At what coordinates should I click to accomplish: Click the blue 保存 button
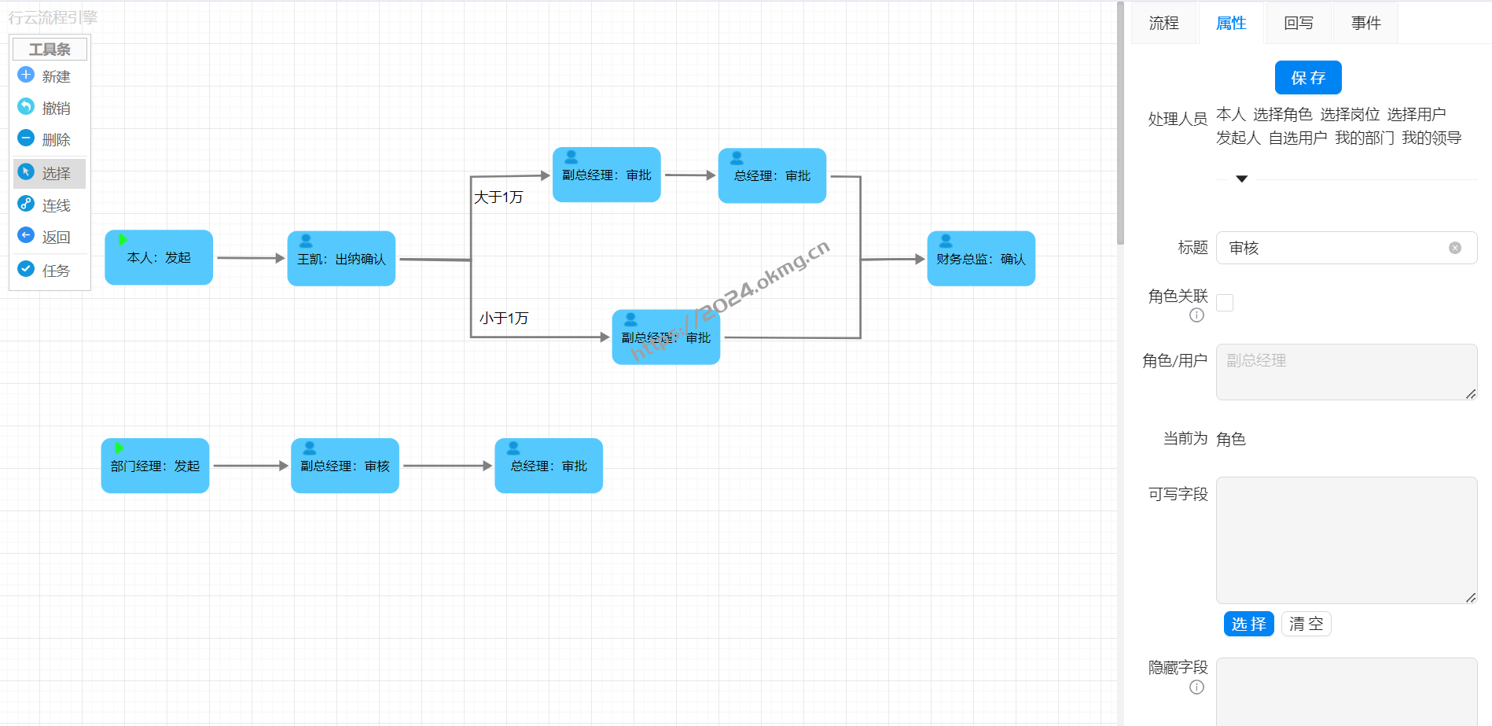pyautogui.click(x=1307, y=78)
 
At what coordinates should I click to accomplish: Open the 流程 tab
pyautogui.click(x=1163, y=24)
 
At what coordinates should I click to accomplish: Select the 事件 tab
pyautogui.click(x=1365, y=24)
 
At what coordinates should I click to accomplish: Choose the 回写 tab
pyautogui.click(x=1298, y=24)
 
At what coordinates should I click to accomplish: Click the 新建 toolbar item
pyautogui.click(x=49, y=76)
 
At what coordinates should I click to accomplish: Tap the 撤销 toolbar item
pyautogui.click(x=49, y=108)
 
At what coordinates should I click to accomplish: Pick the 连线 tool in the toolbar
pyautogui.click(x=49, y=205)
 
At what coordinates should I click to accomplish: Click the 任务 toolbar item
pyautogui.click(x=49, y=271)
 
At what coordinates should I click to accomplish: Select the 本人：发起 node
pyautogui.click(x=159, y=258)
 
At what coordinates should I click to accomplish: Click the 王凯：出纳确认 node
pyautogui.click(x=341, y=259)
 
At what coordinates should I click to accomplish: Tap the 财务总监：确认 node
pyautogui.click(x=980, y=259)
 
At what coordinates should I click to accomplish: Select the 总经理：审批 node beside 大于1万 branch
pyautogui.click(x=772, y=176)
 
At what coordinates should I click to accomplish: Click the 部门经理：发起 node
pyautogui.click(x=155, y=466)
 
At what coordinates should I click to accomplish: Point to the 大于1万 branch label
pyautogui.click(x=498, y=197)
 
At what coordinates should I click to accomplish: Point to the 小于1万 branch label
pyautogui.click(x=504, y=319)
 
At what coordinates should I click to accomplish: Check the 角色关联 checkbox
pyautogui.click(x=1225, y=303)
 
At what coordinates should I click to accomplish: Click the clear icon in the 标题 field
pyautogui.click(x=1455, y=248)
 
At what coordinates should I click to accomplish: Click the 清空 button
pyautogui.click(x=1306, y=624)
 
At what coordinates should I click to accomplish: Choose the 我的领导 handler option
pyautogui.click(x=1431, y=138)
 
